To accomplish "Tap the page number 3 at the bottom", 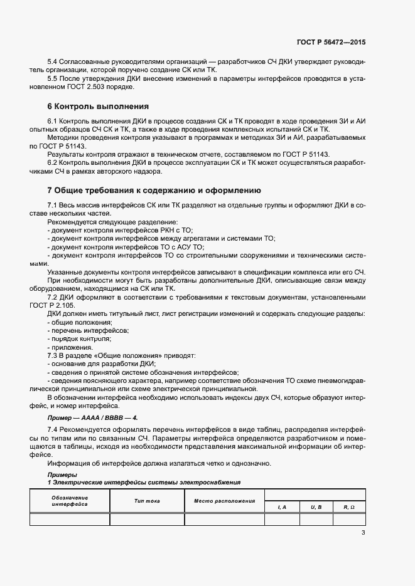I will [x=363, y=533].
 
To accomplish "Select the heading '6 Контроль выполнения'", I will [x=98, y=106].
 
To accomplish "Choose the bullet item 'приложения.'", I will [x=70, y=347].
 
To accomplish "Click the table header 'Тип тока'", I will [x=147, y=501].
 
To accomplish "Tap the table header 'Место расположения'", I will [x=224, y=501].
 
